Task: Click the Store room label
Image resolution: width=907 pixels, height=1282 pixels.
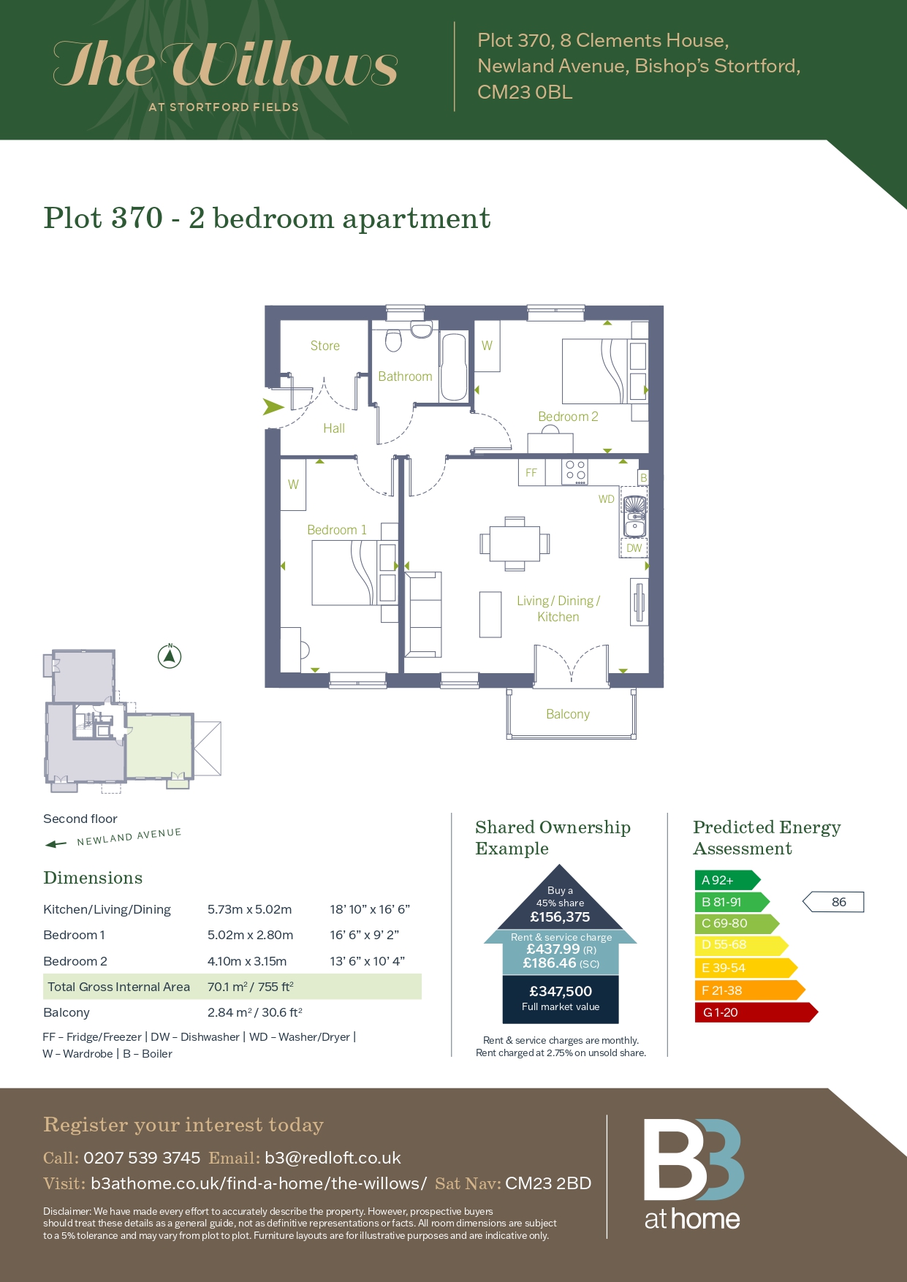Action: pyautogui.click(x=325, y=346)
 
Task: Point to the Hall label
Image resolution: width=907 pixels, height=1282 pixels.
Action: pyautogui.click(x=334, y=428)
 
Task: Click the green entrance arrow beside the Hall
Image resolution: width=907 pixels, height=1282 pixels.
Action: pyautogui.click(x=273, y=407)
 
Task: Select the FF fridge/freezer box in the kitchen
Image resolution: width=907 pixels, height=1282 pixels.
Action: pyautogui.click(x=531, y=472)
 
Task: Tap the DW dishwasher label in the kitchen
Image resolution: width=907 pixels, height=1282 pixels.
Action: pyautogui.click(x=634, y=548)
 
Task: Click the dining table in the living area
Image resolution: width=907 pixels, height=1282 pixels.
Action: pyautogui.click(x=515, y=544)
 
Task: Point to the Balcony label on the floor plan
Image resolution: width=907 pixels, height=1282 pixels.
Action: pyautogui.click(x=568, y=714)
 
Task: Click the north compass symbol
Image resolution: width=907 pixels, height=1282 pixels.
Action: pyautogui.click(x=170, y=656)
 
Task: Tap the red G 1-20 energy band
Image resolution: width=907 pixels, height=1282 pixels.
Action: pyautogui.click(x=756, y=1012)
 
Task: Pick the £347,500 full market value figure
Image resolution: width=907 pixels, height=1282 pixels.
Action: pyautogui.click(x=561, y=991)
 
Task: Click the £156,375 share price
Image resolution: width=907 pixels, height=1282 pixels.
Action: pyautogui.click(x=560, y=917)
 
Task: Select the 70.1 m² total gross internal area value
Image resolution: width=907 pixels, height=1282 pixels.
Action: pyautogui.click(x=251, y=987)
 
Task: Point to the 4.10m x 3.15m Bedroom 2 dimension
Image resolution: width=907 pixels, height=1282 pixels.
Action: pyautogui.click(x=247, y=961)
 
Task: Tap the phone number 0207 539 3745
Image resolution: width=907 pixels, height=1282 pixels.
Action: pyautogui.click(x=142, y=1158)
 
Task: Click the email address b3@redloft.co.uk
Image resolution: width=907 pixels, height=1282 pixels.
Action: pyautogui.click(x=333, y=1158)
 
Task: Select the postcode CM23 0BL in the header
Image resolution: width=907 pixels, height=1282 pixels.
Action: pyautogui.click(x=525, y=92)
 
